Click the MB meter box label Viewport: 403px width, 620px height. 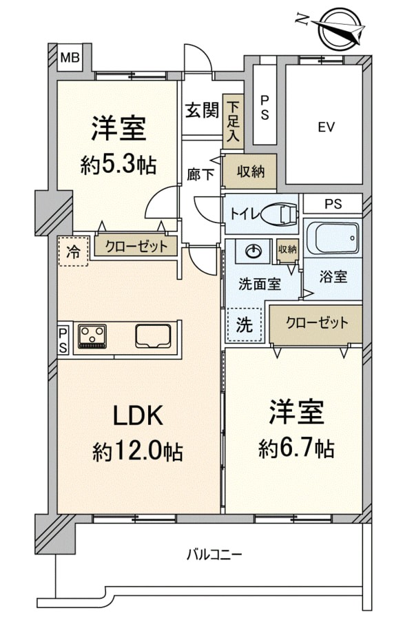coord(70,58)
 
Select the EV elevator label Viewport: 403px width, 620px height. coord(327,127)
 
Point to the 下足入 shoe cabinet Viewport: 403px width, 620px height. coord(233,121)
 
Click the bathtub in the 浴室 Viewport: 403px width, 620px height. coord(333,238)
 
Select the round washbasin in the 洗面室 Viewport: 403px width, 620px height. coord(253,251)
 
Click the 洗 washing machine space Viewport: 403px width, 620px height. coord(245,325)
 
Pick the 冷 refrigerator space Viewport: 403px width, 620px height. coord(73,251)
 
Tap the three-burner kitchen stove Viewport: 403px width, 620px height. coord(92,336)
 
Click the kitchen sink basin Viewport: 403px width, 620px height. coord(153,336)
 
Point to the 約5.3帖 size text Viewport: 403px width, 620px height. coord(118,165)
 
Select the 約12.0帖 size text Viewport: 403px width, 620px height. coord(138,451)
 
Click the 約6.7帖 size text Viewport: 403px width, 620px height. coord(296,448)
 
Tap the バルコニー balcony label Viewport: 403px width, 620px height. coord(214,555)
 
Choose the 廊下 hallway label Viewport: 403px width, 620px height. coord(200,174)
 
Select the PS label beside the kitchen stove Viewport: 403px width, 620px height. coord(63,340)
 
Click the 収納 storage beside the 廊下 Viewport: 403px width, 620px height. coord(249,172)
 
